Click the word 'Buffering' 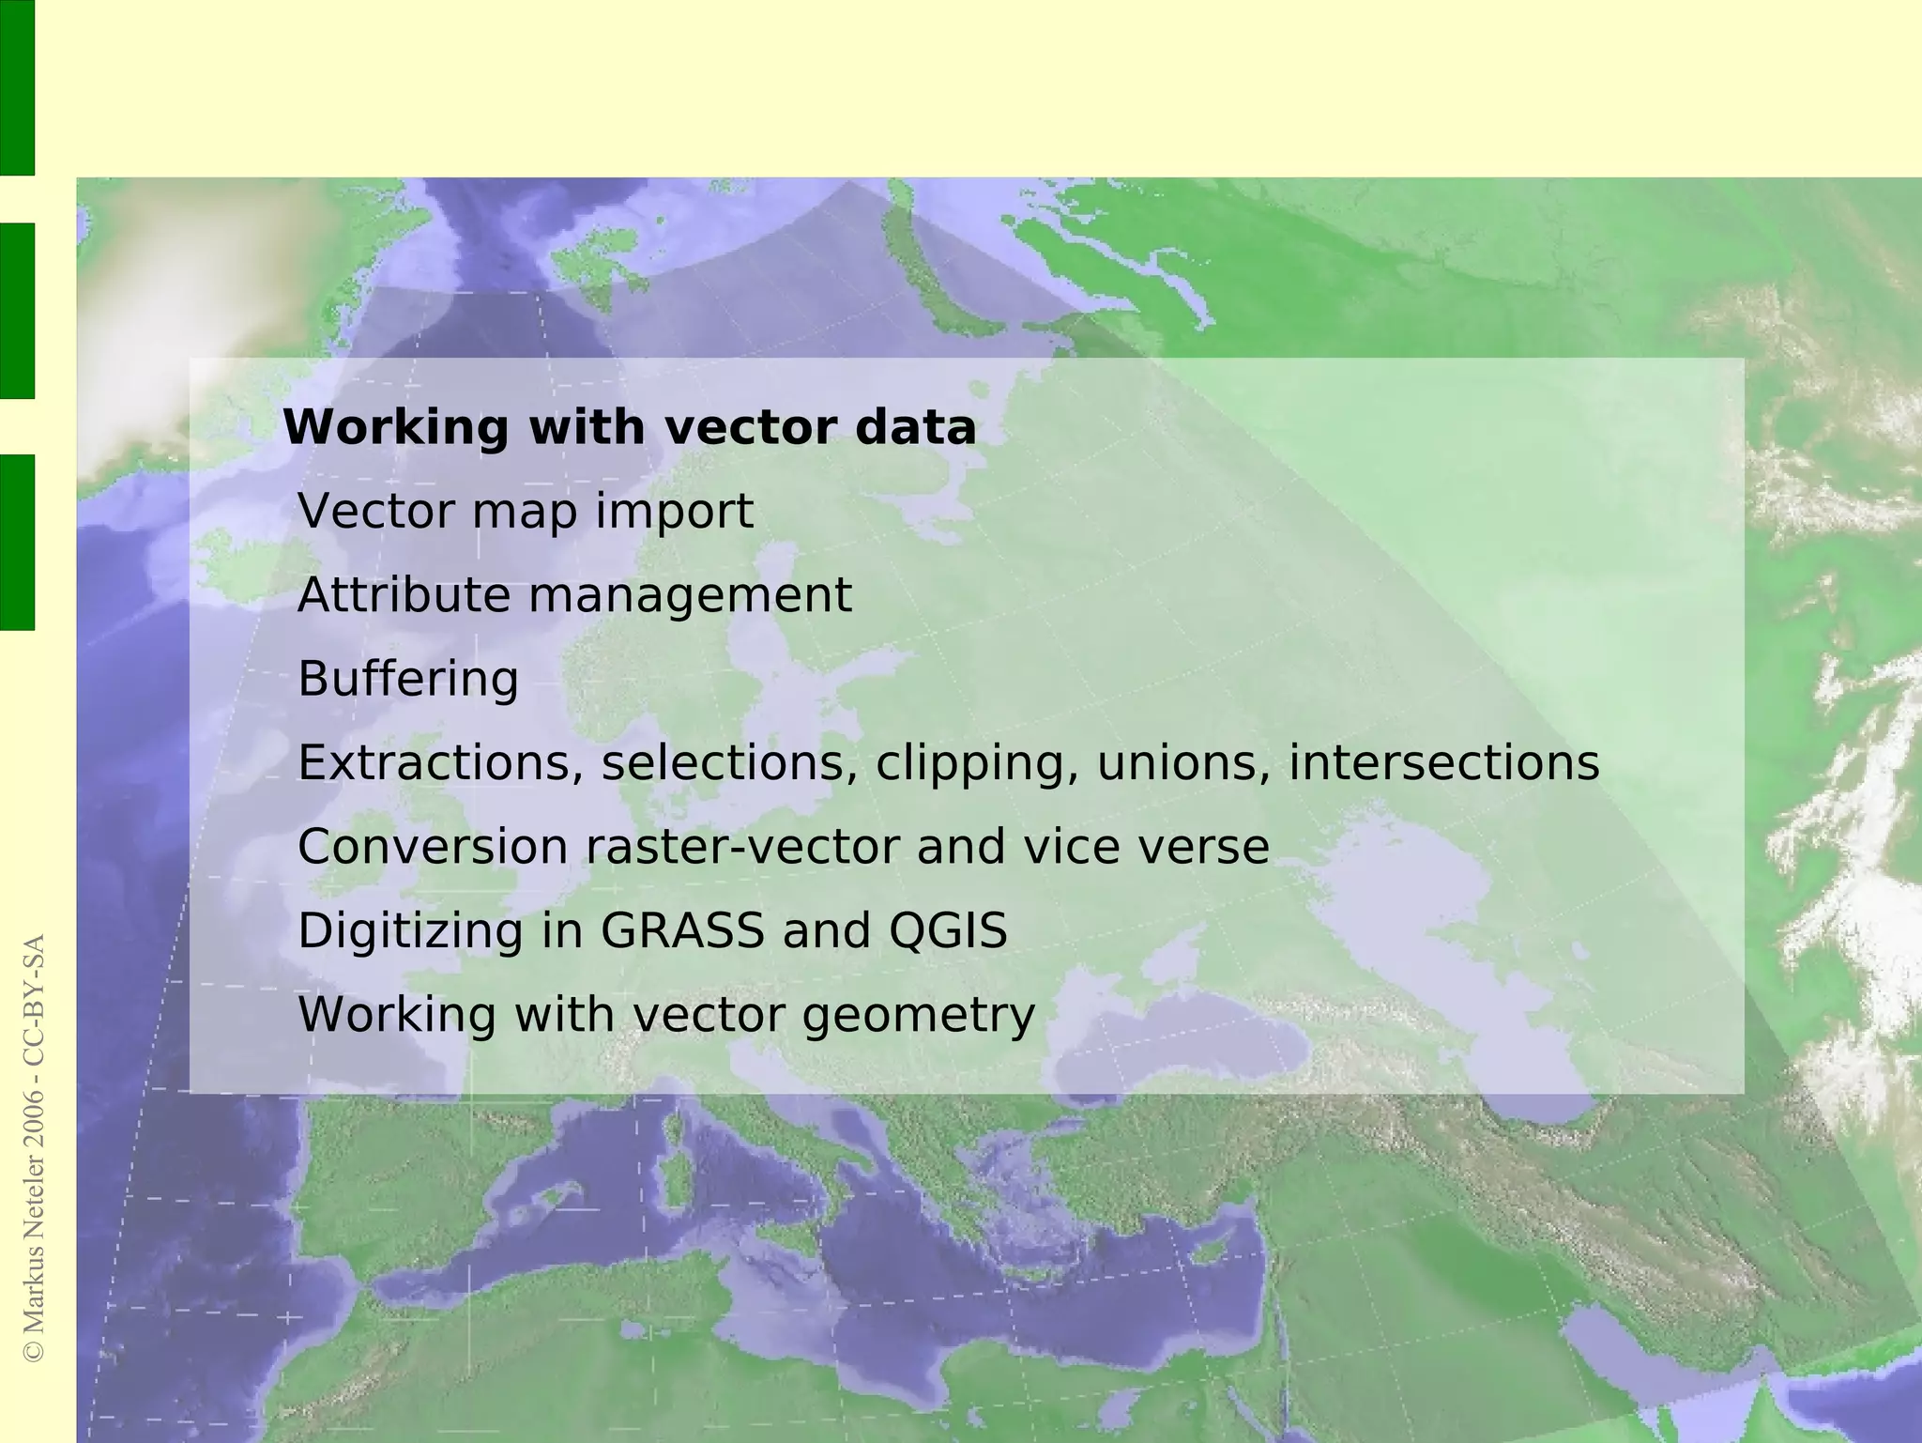point(407,679)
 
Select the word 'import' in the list point(674,512)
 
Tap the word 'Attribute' point(404,595)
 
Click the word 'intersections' point(1443,762)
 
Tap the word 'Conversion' point(433,847)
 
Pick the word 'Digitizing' point(410,931)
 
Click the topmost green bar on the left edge point(17,87)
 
